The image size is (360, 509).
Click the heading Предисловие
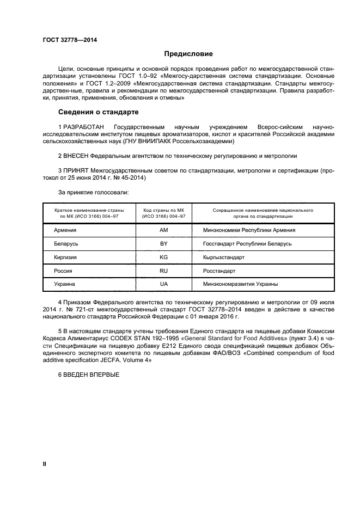[x=188, y=54]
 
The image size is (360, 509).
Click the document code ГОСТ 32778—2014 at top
[x=66, y=40]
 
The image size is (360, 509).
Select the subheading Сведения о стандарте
[x=98, y=112]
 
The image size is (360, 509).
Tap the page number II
[x=45, y=463]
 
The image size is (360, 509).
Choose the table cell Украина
[x=65, y=284]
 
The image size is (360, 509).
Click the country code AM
[x=163, y=230]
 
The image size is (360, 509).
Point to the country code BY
[x=163, y=243]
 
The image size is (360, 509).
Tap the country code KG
[x=163, y=257]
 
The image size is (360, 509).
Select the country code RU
[x=163, y=271]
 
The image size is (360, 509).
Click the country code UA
[x=163, y=284]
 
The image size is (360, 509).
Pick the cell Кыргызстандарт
[x=224, y=257]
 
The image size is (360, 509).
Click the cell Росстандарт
[x=219, y=271]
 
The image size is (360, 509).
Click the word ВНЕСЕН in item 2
[x=76, y=155]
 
